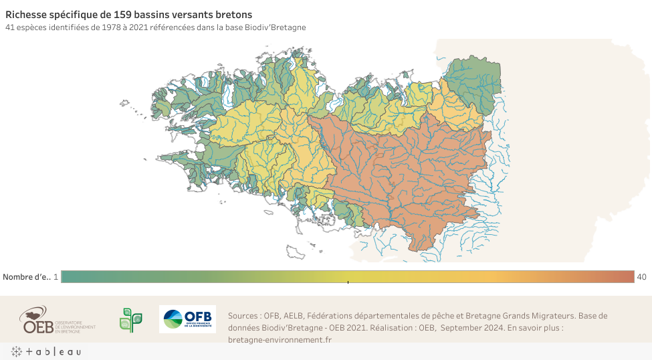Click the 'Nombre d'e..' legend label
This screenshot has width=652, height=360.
pyautogui.click(x=27, y=277)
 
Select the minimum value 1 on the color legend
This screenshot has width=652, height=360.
pyautogui.click(x=56, y=277)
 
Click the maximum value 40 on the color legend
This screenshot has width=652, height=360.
pyautogui.click(x=641, y=277)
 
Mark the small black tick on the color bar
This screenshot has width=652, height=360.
pyautogui.click(x=348, y=282)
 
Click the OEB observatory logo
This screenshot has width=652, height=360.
pyautogui.click(x=58, y=320)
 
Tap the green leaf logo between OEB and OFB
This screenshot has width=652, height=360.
pyautogui.click(x=130, y=320)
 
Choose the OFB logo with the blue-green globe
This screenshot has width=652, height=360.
pyautogui.click(x=187, y=319)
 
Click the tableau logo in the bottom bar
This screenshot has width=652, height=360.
pyautogui.click(x=45, y=352)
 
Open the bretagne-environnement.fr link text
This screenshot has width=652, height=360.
pyautogui.click(x=280, y=339)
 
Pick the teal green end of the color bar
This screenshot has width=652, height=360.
pyautogui.click(x=70, y=277)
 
